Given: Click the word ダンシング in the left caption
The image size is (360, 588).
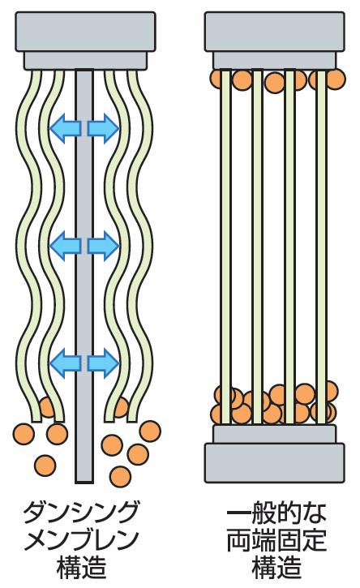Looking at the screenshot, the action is pos(81,513).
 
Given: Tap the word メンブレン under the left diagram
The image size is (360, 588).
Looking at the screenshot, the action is pos(81,540).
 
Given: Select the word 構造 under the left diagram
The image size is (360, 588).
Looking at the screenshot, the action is pos(81,568).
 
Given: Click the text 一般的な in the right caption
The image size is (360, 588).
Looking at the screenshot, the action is pos(276,513).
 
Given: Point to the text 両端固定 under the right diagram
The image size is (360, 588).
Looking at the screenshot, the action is pos(276,540).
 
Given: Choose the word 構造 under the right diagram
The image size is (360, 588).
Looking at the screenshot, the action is pos(276,568).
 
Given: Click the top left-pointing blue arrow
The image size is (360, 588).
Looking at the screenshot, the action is pos(65,129).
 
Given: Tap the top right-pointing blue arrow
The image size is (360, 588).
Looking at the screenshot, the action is pos(104,129).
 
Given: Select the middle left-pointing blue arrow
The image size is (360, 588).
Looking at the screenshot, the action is pos(65,246).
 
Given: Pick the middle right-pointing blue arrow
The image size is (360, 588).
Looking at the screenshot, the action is pos(104,246).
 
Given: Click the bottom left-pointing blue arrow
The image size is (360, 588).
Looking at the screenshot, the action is pos(65,363).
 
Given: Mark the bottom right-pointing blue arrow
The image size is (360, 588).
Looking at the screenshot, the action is pos(104,363).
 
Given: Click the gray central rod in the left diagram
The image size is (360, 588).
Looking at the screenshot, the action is pos(84,277).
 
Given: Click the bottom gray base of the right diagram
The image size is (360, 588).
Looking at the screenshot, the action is pos(275,453).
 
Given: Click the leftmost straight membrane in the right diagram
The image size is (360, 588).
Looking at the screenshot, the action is pos(225,247).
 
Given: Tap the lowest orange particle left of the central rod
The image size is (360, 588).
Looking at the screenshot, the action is pos(45,466).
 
